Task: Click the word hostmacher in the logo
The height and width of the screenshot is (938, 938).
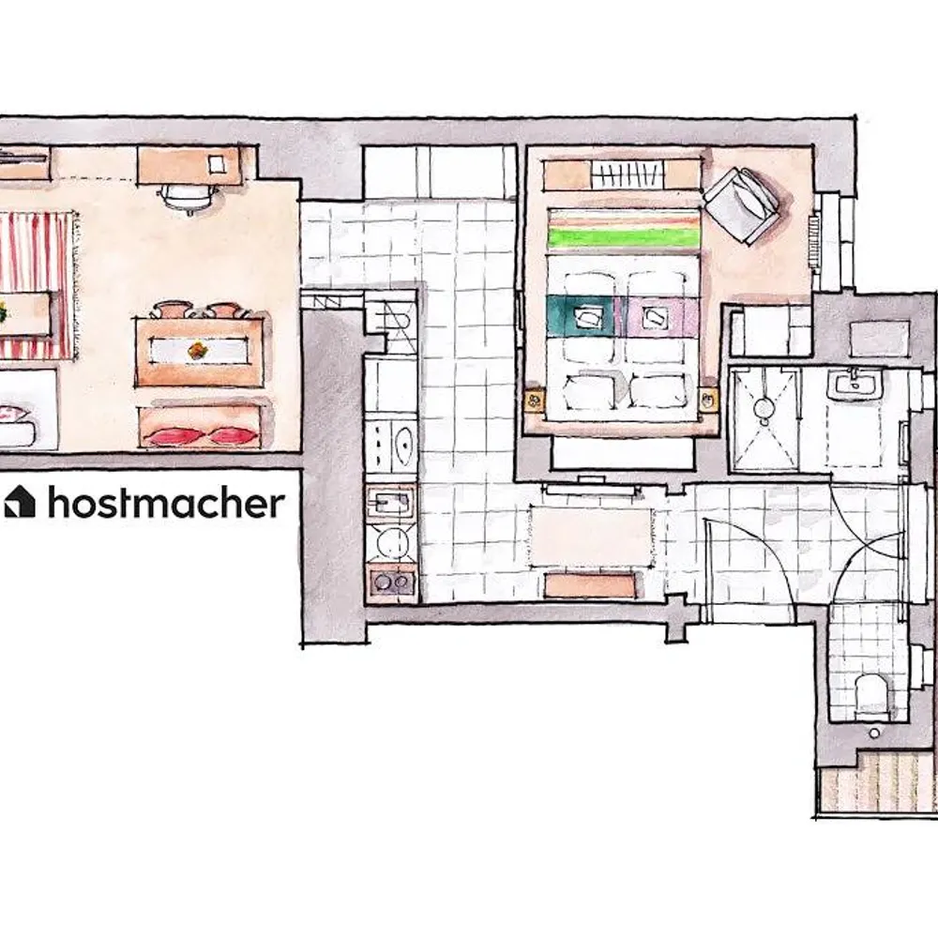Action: click(x=166, y=503)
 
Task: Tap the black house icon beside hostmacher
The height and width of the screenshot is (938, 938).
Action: click(x=20, y=501)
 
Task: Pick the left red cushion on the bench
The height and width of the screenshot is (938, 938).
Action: click(x=174, y=436)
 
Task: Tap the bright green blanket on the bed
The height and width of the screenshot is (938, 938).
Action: click(x=624, y=237)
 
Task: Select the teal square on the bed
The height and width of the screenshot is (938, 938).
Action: click(x=582, y=316)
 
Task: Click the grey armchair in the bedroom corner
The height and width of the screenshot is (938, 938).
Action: click(x=743, y=205)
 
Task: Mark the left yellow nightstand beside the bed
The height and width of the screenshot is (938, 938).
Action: click(x=535, y=401)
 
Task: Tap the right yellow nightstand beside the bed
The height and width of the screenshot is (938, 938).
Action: click(x=708, y=401)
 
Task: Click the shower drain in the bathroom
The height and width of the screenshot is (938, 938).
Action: click(x=764, y=408)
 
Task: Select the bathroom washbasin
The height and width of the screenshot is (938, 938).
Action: click(x=855, y=383)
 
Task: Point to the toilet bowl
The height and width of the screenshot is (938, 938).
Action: click(x=871, y=696)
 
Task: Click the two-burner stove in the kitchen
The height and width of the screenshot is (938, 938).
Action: click(x=392, y=581)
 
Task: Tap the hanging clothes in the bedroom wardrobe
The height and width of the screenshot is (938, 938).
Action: click(x=628, y=175)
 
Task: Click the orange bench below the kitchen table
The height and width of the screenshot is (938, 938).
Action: click(x=590, y=584)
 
